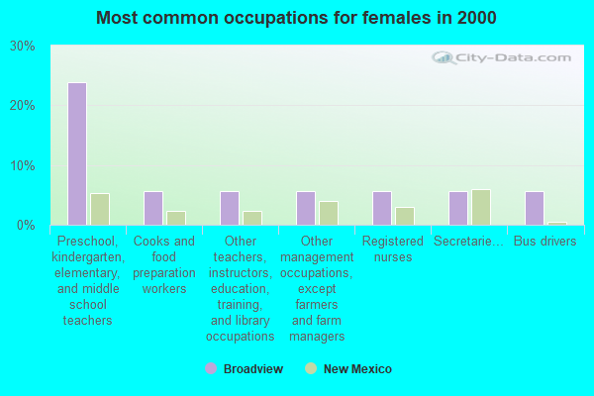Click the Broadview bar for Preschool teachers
[76, 153]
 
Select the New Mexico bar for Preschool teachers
[99, 209]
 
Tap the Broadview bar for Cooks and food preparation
[152, 208]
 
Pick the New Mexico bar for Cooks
[175, 218]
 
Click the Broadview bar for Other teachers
[229, 208]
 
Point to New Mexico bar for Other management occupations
[328, 213]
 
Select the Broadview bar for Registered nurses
[381, 208]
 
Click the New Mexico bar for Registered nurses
[404, 216]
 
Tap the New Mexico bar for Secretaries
[480, 207]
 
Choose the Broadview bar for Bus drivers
[534, 208]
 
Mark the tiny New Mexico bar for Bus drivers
[556, 224]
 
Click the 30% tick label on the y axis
[23, 47]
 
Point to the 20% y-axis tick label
[23, 106]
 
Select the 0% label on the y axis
[27, 226]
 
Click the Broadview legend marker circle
[211, 369]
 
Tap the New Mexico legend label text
[357, 369]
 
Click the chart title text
[297, 18]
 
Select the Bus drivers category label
[544, 242]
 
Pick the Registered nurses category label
[393, 249]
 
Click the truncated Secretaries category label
[468, 242]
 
